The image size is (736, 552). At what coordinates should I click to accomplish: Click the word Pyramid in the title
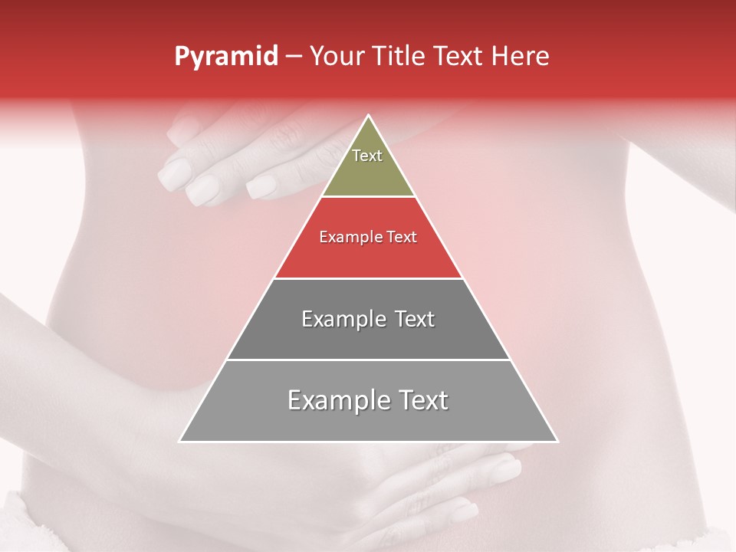[x=225, y=57]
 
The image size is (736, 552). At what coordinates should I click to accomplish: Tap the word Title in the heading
[x=402, y=57]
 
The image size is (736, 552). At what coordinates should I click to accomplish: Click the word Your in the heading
[x=337, y=57]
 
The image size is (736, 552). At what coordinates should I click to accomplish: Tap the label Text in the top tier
[x=367, y=156]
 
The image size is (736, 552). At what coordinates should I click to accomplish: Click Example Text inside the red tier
[x=368, y=237]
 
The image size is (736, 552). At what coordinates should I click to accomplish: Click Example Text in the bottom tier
[x=368, y=400]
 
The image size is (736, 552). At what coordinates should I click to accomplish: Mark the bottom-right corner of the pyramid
[x=557, y=441]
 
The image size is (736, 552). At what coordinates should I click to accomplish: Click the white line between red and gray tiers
[x=368, y=278]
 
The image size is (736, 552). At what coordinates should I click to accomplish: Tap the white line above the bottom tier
[x=368, y=360]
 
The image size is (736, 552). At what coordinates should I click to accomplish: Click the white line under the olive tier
[x=368, y=197]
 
